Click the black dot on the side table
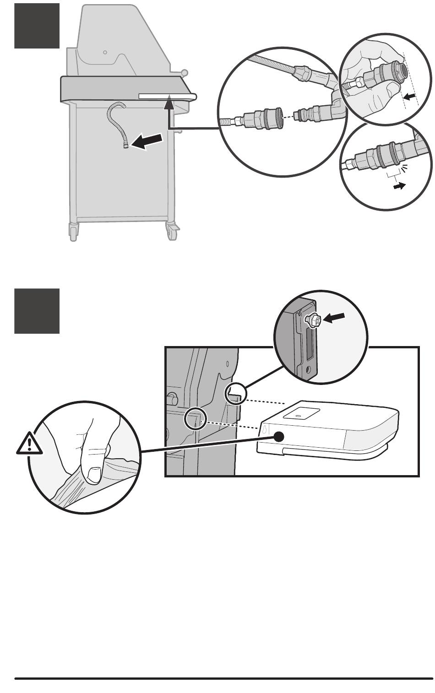(277, 437)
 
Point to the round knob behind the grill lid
(184, 72)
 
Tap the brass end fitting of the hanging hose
(125, 146)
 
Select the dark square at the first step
(37, 25)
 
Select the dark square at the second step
(37, 311)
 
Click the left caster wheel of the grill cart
(73, 231)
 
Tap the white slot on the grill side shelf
(166, 96)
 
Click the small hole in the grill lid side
(105, 52)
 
